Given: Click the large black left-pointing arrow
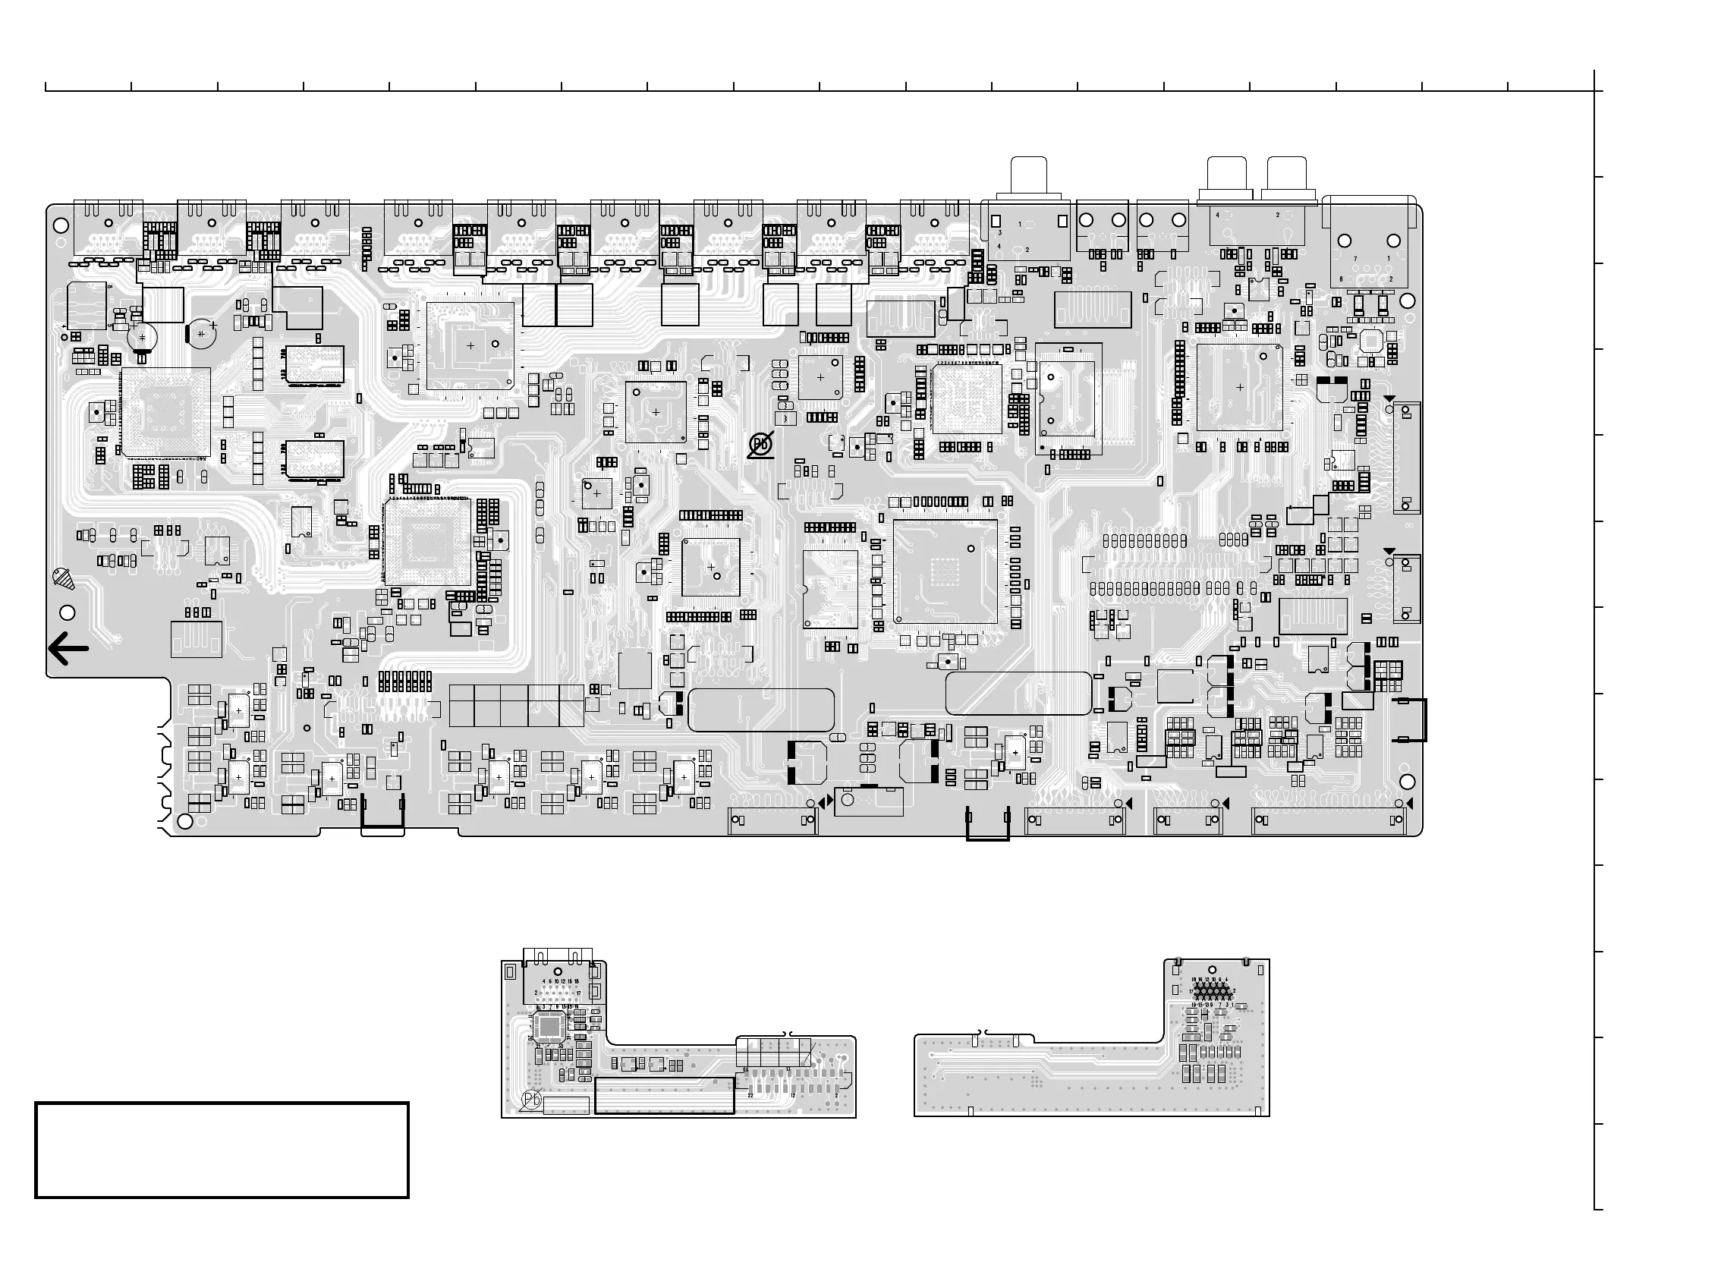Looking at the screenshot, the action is point(68,649).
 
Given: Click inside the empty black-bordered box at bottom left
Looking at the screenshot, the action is point(222,1151).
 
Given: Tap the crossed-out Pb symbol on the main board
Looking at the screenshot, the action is point(761,445).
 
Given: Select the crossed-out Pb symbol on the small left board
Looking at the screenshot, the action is point(531,1100).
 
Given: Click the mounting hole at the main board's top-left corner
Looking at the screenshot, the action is point(61,226).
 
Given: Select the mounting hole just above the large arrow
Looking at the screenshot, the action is point(68,612).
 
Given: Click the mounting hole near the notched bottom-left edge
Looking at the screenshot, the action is point(185,821).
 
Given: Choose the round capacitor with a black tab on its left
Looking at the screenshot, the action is point(202,333).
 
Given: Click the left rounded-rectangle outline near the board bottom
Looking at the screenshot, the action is point(761,710).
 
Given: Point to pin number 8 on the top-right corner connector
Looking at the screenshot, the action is point(1340,279).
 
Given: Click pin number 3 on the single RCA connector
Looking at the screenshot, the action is point(999,232).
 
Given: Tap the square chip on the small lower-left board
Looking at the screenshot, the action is point(550,1026).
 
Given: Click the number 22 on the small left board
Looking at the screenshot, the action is point(750,1094).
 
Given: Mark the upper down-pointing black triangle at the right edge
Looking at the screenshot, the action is point(1389,399).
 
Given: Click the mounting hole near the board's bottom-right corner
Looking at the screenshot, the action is point(1407,783).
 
